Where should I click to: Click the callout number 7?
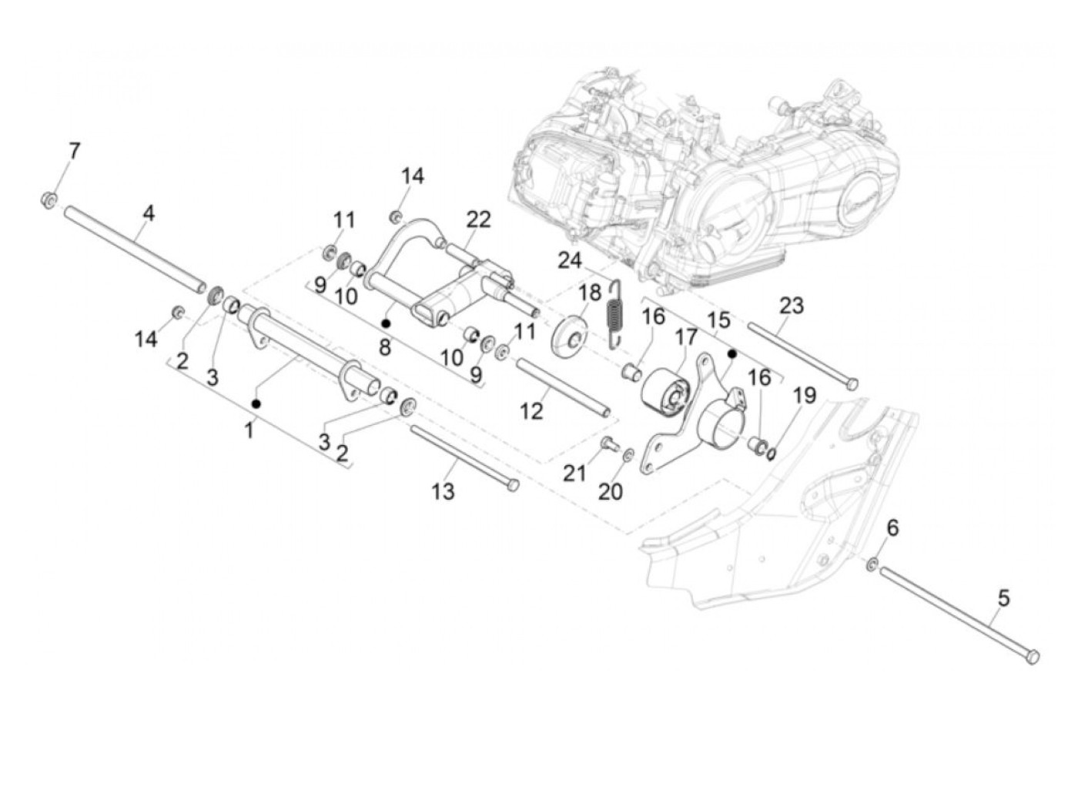point(74,150)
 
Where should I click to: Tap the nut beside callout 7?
point(49,200)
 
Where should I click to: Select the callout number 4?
point(149,213)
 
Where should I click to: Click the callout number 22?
point(477,219)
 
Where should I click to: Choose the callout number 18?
point(590,293)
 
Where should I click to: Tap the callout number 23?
point(791,306)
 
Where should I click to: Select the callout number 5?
point(1003,597)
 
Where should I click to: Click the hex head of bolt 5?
point(1033,656)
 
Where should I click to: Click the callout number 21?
point(574,474)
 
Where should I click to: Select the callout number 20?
point(611,490)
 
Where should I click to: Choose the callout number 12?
point(531,411)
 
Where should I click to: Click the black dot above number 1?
point(256,403)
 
